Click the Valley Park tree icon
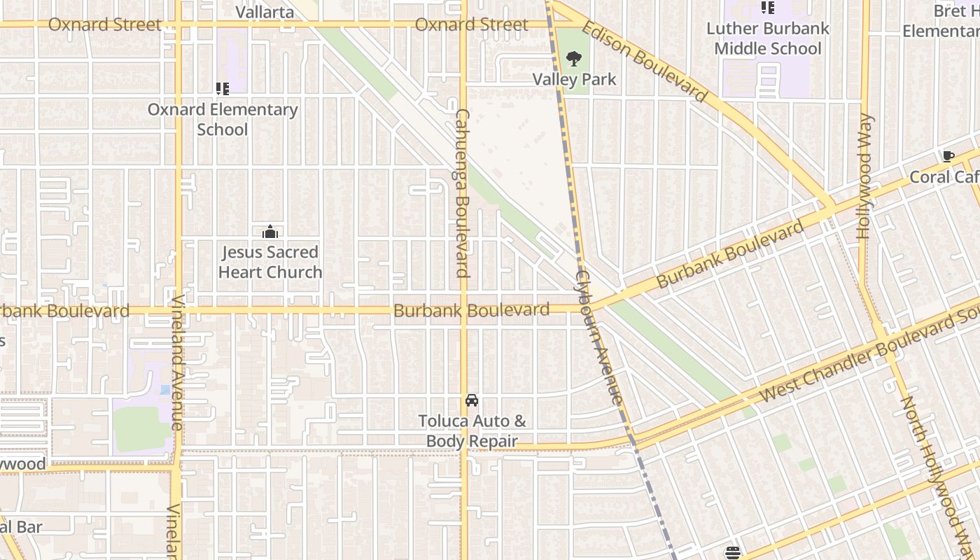(574, 58)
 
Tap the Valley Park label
(574, 79)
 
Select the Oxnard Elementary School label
(223, 120)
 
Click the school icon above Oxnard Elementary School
(223, 89)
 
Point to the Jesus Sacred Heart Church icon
(270, 232)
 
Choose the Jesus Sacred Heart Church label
(270, 262)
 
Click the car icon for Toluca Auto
(472, 400)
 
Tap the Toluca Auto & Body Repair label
(472, 431)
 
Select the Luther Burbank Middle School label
(768, 38)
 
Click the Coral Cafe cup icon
(948, 157)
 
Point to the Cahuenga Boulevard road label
(463, 192)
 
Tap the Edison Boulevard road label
(644, 62)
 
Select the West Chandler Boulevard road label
(868, 358)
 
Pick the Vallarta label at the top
(265, 12)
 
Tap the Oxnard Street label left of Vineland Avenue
(104, 24)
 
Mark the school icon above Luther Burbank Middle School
(768, 8)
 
